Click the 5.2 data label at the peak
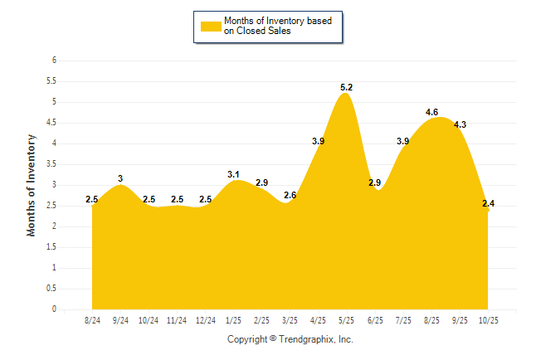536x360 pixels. (347, 88)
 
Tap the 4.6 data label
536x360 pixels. (431, 112)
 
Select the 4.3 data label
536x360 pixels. (460, 124)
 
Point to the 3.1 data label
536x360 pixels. (233, 174)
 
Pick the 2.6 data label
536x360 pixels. (290, 195)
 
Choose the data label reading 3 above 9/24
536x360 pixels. (120, 178)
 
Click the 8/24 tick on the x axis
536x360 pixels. (93, 320)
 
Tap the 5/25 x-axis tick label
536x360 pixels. (347, 320)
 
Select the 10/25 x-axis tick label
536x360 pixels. (488, 320)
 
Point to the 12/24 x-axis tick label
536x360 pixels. (206, 320)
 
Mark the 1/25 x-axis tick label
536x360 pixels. (234, 320)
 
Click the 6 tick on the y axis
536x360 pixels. (54, 61)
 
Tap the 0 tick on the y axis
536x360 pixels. (54, 309)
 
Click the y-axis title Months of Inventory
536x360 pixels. (32, 185)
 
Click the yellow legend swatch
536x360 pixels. (211, 26)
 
